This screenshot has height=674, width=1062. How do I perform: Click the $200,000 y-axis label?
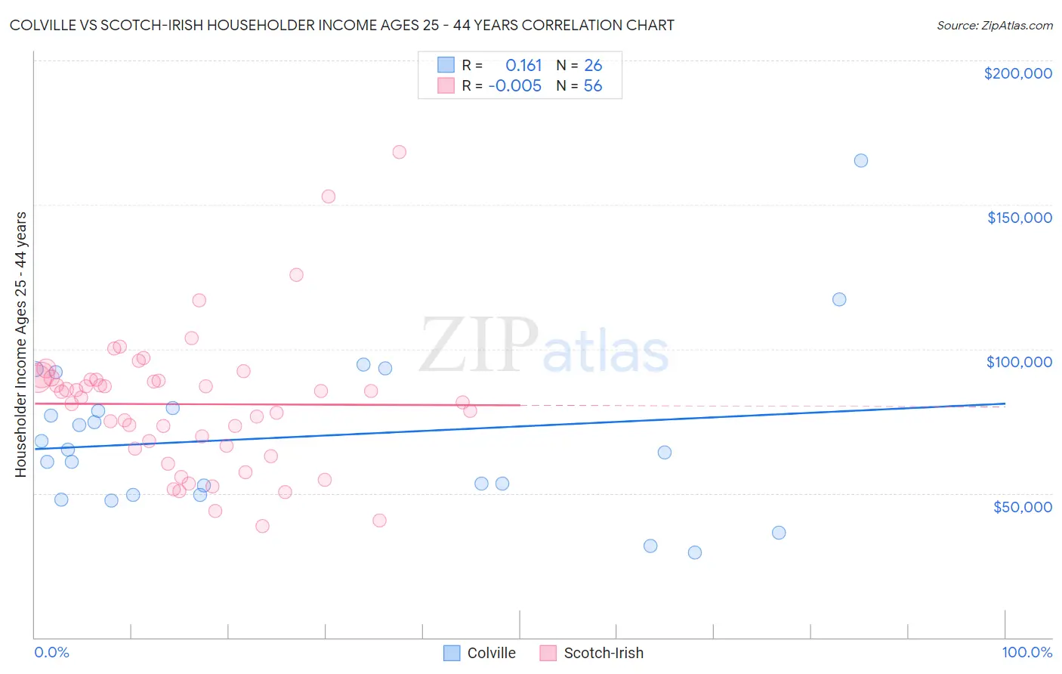(x=1017, y=73)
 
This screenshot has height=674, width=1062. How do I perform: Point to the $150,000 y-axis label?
(x=1019, y=218)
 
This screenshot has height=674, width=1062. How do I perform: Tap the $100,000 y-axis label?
(x=1019, y=362)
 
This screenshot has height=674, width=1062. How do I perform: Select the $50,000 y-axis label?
(x=1022, y=506)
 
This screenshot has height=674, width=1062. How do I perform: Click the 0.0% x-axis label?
(x=51, y=652)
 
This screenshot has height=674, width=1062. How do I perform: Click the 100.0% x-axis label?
(x=1026, y=652)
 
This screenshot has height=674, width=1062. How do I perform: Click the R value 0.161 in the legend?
(x=523, y=66)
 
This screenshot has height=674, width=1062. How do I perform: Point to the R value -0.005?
(x=515, y=86)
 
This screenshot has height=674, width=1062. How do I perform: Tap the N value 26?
(x=593, y=66)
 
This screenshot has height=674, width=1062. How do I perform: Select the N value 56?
(x=593, y=86)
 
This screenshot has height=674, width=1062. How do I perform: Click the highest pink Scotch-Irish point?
(x=400, y=152)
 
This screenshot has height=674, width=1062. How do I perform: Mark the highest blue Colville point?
(x=861, y=160)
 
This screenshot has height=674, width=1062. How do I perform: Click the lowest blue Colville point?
(x=695, y=552)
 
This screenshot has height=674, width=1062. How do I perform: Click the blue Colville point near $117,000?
(x=839, y=299)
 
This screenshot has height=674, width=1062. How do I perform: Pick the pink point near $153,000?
(x=329, y=196)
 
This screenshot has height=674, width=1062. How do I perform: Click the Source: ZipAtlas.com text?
(x=994, y=26)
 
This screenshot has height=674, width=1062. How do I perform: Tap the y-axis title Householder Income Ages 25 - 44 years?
(x=21, y=345)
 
